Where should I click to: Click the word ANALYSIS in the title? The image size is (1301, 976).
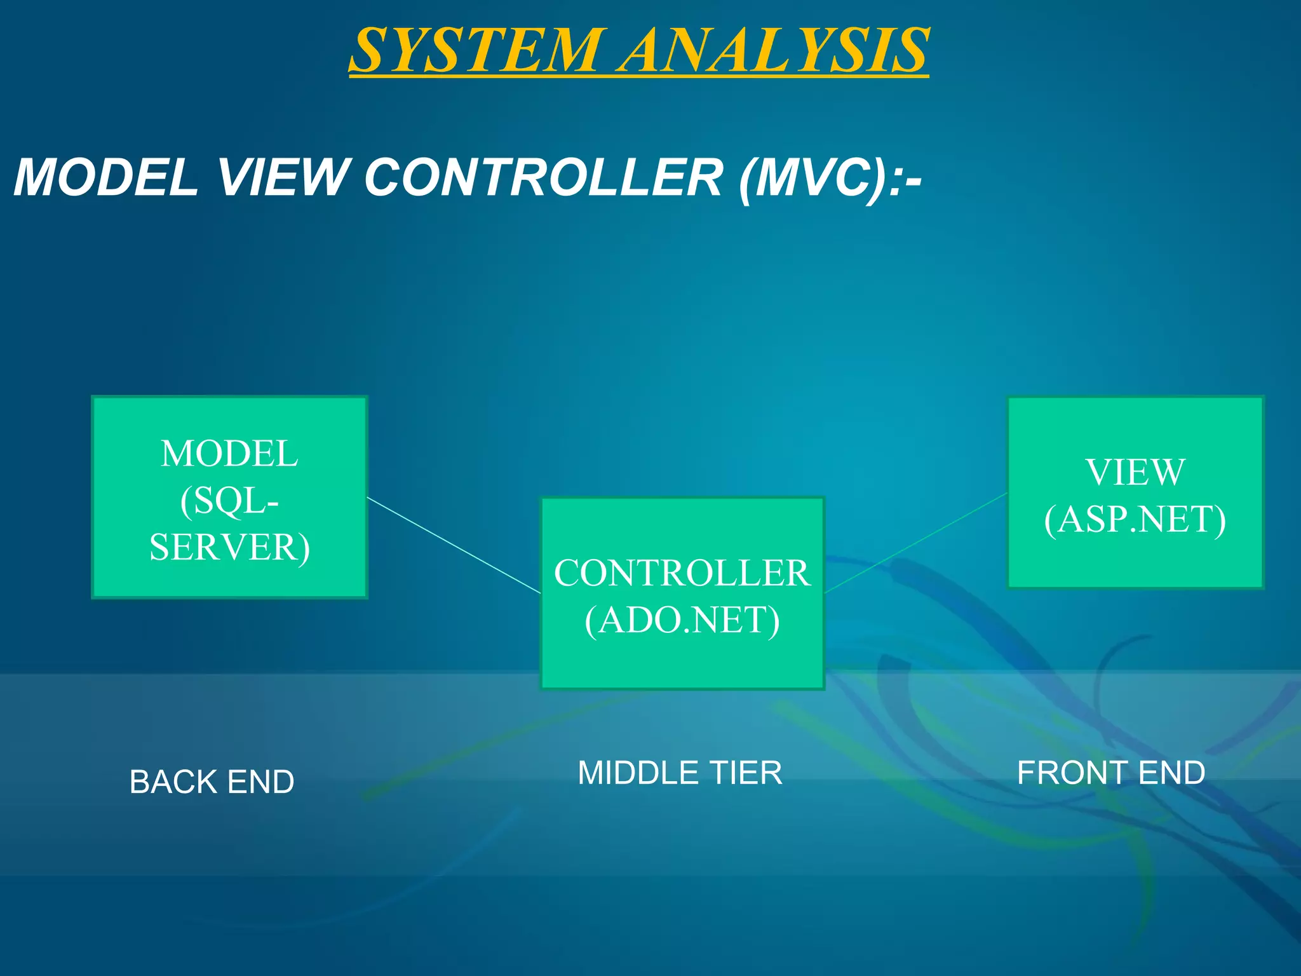coord(775,51)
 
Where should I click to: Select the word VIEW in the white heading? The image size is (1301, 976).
coord(283,177)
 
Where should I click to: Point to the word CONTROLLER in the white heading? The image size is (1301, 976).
coord(543,177)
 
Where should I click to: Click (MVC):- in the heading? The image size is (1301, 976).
coord(830,179)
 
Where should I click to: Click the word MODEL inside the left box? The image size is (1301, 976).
coord(229,454)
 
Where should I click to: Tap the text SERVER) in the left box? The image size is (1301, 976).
coord(230,548)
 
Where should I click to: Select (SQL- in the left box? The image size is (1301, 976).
coord(229,501)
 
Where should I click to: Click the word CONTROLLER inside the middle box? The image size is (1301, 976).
coord(682,573)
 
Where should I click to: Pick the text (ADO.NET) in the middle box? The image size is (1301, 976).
coord(682,620)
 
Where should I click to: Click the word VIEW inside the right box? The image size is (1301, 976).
coord(1135,472)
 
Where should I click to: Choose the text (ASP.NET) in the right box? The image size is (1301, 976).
coord(1135,520)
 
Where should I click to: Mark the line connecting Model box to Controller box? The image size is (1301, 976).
coord(454,545)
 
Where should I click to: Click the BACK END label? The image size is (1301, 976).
coord(212,782)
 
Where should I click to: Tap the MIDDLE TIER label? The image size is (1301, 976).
coord(680,773)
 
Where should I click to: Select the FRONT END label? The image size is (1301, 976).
coord(1111,773)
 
